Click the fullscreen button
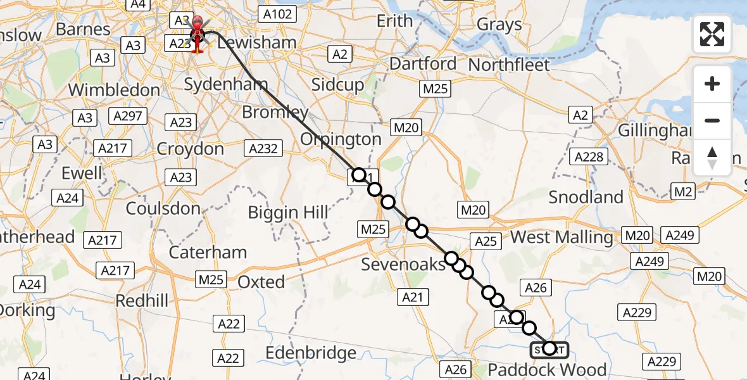[x=712, y=34]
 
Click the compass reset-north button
[x=712, y=158]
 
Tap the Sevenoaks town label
[x=403, y=264]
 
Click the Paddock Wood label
[x=547, y=369]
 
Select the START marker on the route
[x=549, y=349]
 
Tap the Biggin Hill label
[x=288, y=212]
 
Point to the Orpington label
[x=341, y=139]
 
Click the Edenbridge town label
[x=311, y=353]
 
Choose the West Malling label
[x=562, y=237]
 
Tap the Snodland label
[x=586, y=197]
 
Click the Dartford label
[x=423, y=63]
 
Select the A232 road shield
[x=263, y=148]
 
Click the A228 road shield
[x=589, y=156]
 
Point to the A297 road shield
[x=129, y=116]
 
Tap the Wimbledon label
[x=114, y=90]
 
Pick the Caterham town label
[x=208, y=252]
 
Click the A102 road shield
[x=277, y=14]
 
